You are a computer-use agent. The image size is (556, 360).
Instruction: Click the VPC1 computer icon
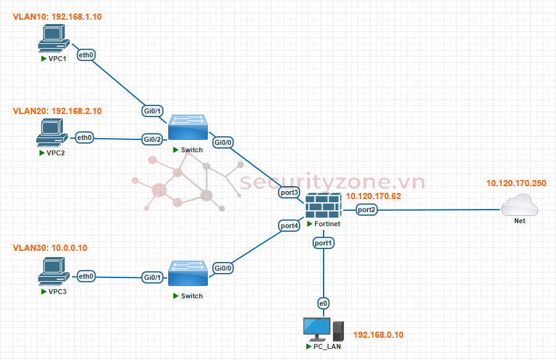(54, 38)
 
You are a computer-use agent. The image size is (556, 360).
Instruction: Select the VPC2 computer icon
(52, 133)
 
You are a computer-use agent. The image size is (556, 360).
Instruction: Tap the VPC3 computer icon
(54, 271)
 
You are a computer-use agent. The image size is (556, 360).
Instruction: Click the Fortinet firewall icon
(324, 206)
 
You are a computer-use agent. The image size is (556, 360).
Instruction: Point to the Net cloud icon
(520, 205)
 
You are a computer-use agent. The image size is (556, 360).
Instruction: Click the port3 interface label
(289, 192)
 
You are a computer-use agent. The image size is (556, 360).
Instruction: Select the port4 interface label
(289, 226)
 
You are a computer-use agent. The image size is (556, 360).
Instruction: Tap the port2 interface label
(366, 210)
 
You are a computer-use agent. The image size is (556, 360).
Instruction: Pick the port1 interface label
(323, 243)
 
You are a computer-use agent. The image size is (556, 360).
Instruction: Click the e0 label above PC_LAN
(323, 303)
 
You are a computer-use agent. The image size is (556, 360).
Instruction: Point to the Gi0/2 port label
(152, 139)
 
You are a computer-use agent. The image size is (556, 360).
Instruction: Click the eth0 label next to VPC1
(86, 55)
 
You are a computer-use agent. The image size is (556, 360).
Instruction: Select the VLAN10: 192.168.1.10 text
(57, 17)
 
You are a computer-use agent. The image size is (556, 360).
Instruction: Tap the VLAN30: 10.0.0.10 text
(50, 248)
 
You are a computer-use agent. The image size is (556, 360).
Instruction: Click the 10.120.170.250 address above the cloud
(516, 183)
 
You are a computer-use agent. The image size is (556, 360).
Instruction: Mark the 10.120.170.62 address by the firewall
(374, 196)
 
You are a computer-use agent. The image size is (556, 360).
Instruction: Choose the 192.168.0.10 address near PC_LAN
(378, 335)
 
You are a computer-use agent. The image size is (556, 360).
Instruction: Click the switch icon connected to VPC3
(188, 274)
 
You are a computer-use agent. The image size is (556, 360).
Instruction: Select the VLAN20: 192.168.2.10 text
(57, 111)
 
